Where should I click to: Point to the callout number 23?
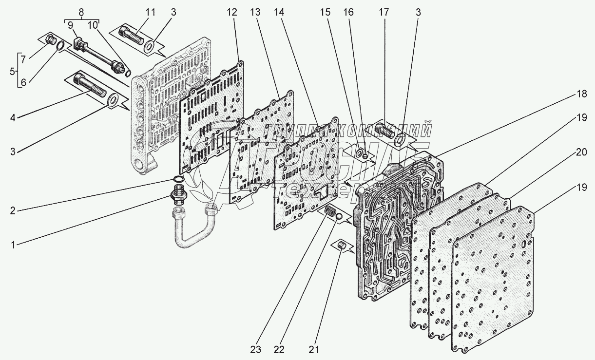click(256, 350)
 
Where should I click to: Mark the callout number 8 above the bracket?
click(81, 12)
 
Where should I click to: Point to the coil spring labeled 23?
click(331, 212)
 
